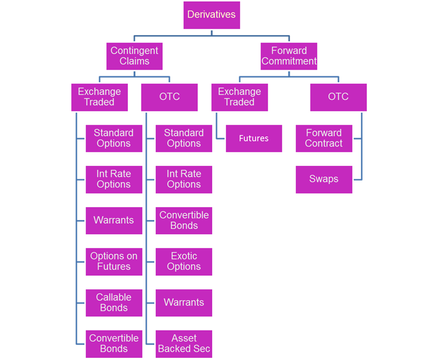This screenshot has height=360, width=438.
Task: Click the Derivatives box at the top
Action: point(212,15)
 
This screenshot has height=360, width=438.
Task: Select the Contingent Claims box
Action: point(134,56)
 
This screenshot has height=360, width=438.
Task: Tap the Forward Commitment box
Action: point(289,56)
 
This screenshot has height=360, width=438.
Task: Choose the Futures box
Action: point(254,138)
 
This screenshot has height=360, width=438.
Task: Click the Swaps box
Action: point(324,179)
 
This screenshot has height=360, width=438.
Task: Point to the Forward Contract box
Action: point(324,138)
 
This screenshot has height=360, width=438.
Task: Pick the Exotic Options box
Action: point(184,262)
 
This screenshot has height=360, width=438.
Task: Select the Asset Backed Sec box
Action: point(184,344)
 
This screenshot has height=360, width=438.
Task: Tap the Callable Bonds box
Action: point(114,302)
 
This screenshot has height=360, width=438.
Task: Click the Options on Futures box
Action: point(114,262)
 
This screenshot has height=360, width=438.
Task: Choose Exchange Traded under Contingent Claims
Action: point(100,97)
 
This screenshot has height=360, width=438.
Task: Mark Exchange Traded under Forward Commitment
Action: point(239,97)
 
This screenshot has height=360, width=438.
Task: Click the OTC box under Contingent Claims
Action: point(169,97)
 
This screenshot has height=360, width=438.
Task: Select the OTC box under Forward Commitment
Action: point(338,97)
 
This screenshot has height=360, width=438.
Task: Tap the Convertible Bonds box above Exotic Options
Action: point(184,220)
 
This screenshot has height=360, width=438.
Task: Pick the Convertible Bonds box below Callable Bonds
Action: point(114,344)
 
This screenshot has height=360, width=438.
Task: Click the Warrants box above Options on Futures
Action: point(114,220)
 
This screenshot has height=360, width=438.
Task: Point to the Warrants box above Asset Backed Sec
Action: point(184,302)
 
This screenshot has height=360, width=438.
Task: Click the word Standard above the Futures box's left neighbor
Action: point(184,133)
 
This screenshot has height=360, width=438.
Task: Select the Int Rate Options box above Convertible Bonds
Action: point(184,179)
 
